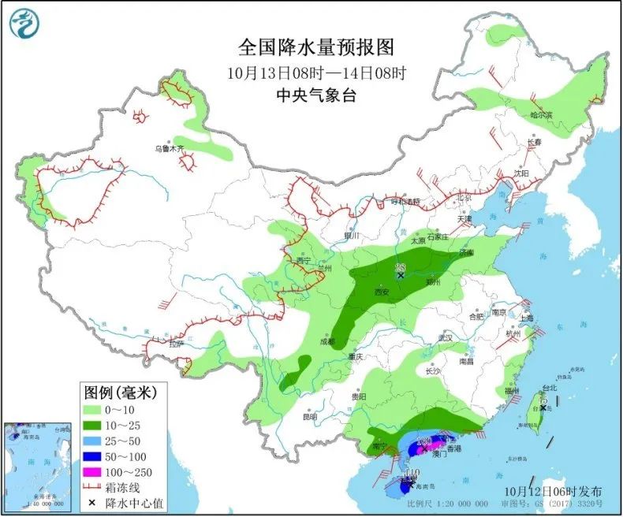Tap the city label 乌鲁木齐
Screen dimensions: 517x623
pyautogui.click(x=169, y=148)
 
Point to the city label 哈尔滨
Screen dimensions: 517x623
pyautogui.click(x=541, y=115)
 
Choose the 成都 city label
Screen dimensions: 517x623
pyautogui.click(x=326, y=342)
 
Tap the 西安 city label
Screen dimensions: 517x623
pyautogui.click(x=382, y=292)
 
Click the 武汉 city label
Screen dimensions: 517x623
pyautogui.click(x=446, y=337)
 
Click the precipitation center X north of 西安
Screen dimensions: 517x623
pyautogui.click(x=401, y=275)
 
